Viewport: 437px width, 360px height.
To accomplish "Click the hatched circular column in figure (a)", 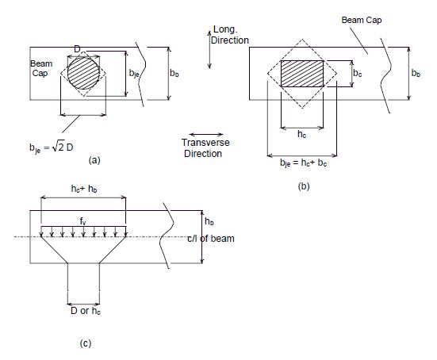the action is point(83,73).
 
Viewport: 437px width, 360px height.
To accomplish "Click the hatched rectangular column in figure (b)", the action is point(302,74).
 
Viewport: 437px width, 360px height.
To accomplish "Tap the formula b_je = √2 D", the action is point(52,147).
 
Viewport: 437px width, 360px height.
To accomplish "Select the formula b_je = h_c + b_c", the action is point(303,163).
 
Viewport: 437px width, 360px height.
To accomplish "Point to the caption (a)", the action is point(94,160).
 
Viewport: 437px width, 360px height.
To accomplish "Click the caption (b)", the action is point(304,186).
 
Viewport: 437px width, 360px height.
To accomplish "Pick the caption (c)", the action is point(86,343).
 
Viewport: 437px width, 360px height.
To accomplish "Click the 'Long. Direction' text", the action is point(230,35).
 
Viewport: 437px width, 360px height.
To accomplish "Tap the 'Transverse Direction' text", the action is point(205,148).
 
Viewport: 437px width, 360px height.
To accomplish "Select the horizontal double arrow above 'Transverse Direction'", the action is point(206,134).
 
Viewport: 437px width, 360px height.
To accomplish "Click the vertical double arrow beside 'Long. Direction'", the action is point(209,50).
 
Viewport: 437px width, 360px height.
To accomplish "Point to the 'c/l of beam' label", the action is point(211,239).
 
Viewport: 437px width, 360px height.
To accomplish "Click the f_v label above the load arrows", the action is point(82,221).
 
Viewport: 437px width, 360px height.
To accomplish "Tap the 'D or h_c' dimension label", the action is point(86,311).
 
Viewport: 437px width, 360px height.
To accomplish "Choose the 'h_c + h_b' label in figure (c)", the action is point(84,189).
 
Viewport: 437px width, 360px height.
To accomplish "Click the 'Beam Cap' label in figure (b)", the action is point(362,20).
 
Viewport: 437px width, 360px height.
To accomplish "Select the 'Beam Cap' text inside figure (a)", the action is point(41,68).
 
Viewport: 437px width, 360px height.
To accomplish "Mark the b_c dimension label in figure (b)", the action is point(358,73).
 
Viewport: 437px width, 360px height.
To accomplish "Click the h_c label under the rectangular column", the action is point(302,134).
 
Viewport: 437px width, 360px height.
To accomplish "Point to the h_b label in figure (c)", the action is point(209,221).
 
